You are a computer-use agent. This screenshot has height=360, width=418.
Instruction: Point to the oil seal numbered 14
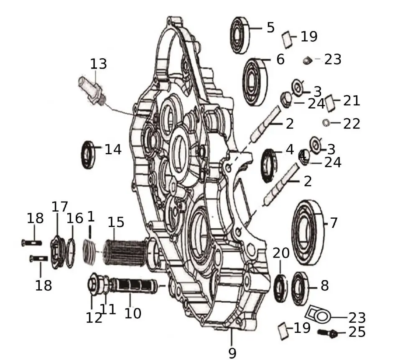88,155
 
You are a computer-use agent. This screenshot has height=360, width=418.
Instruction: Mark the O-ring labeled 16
71,253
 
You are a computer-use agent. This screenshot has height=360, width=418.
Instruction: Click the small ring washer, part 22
326,123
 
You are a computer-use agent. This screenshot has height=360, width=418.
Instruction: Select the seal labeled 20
280,286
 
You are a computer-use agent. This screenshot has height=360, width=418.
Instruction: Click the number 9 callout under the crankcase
232,352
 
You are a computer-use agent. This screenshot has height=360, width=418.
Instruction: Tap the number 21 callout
352,100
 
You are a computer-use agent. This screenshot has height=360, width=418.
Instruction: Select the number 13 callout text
99,64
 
